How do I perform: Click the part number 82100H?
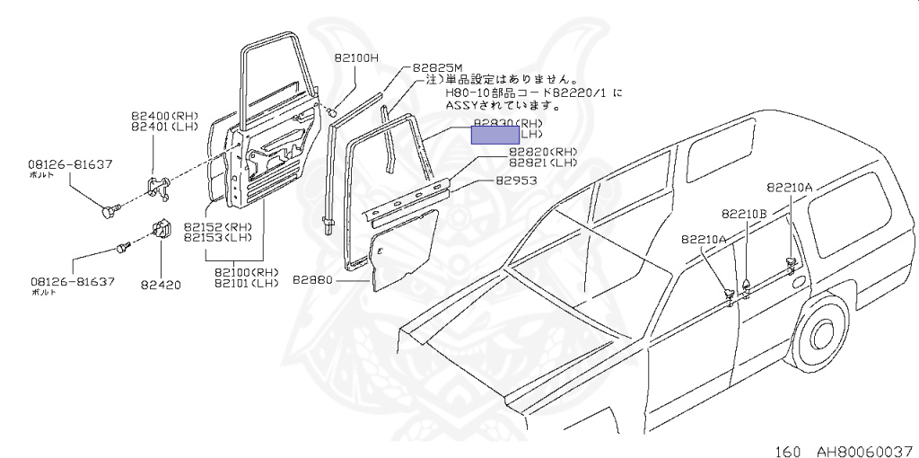tap(357, 57)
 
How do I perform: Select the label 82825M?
tap(438, 67)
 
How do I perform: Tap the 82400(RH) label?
tap(163, 116)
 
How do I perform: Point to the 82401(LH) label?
tap(163, 128)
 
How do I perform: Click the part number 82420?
tap(161, 286)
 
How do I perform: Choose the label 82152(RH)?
tap(217, 226)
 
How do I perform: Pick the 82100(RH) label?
tap(247, 272)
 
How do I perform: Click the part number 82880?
tap(313, 280)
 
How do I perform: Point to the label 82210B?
tap(744, 214)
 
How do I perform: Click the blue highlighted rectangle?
tap(495, 135)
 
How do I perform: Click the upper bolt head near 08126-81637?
tap(108, 212)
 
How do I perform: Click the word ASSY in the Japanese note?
tap(463, 104)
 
